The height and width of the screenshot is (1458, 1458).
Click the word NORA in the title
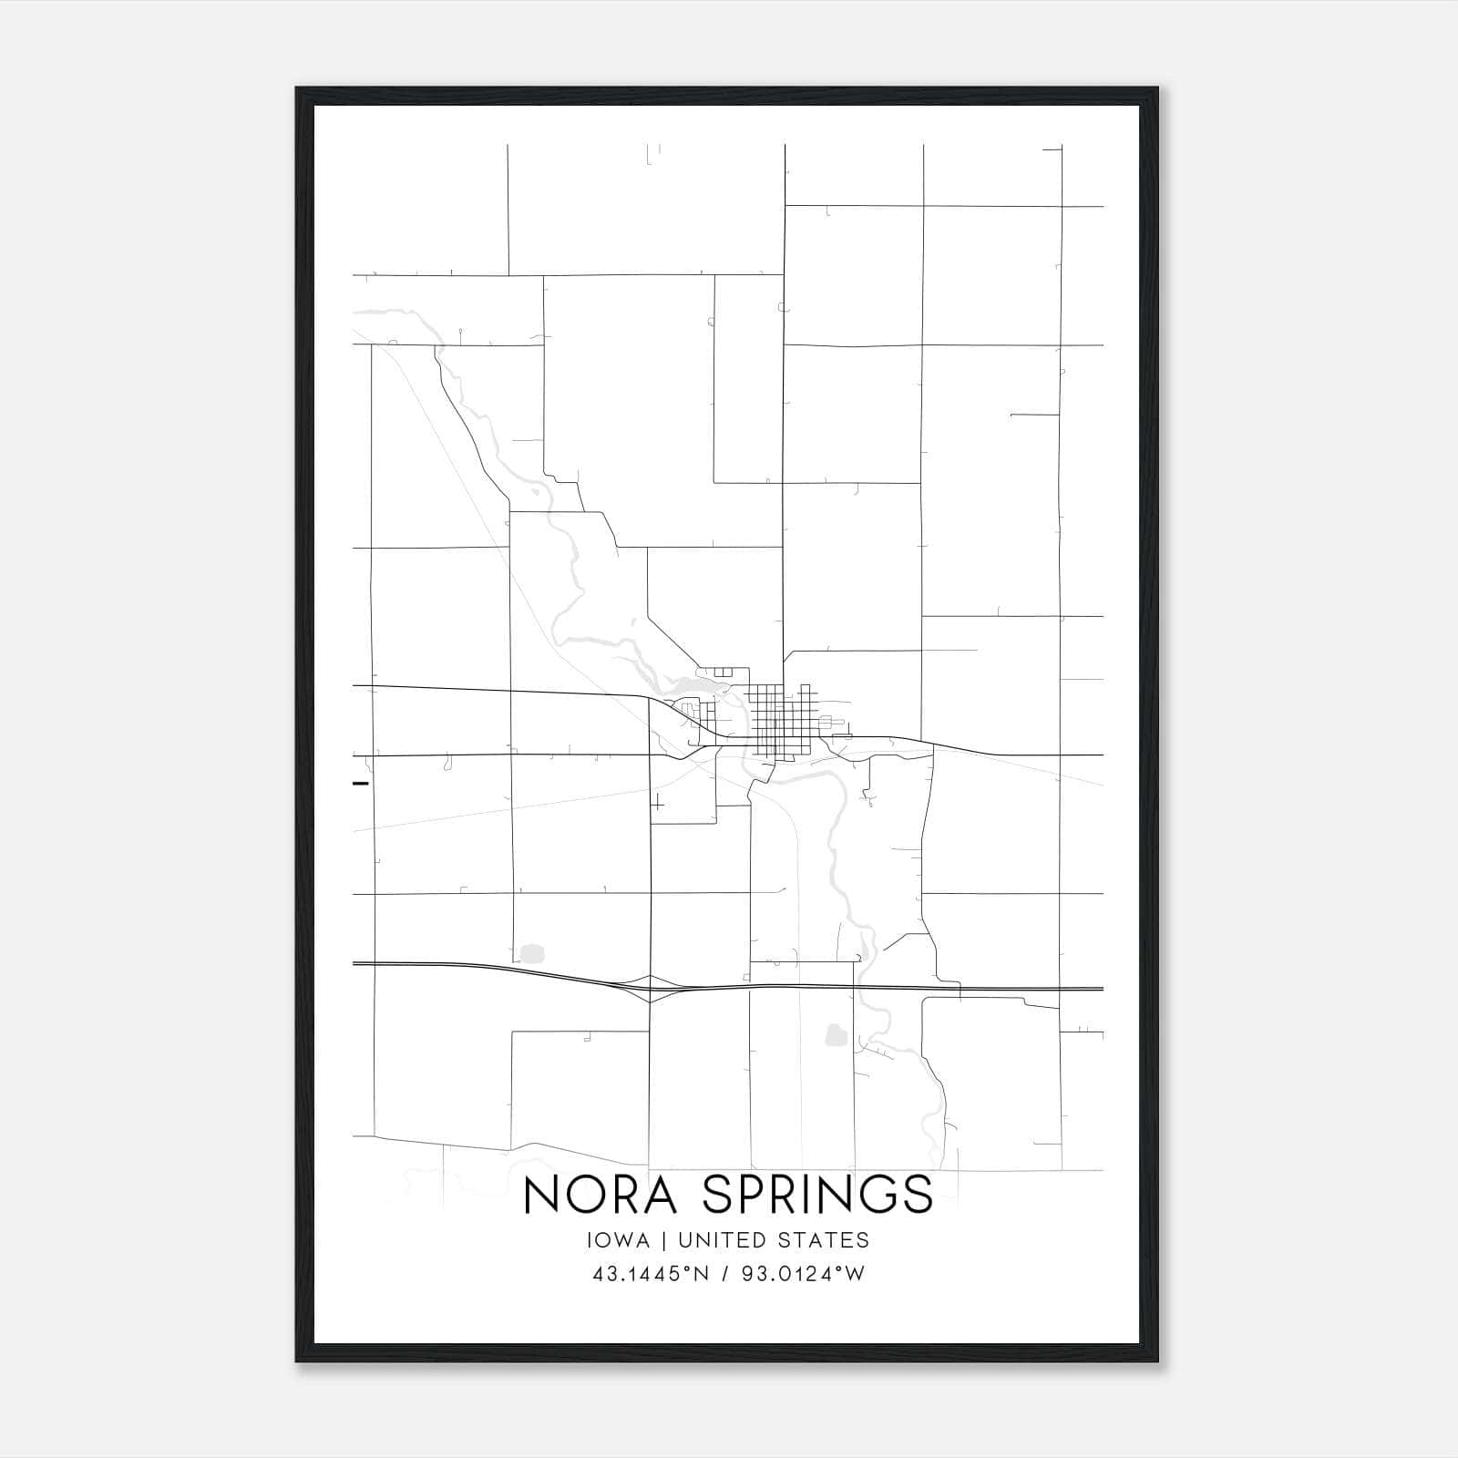click(601, 1195)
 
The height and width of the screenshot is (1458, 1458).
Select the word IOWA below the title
click(620, 1240)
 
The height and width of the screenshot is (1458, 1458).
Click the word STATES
click(827, 1240)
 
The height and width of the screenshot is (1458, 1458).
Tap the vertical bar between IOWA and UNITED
click(664, 1240)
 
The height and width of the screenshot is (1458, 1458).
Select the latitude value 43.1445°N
click(650, 1274)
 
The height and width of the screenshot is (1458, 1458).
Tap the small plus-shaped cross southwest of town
click(657, 803)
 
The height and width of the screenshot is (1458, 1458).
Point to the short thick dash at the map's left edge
click(361, 783)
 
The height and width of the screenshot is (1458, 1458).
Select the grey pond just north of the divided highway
click(531, 954)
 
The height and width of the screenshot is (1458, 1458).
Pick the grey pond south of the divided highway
click(834, 1034)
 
